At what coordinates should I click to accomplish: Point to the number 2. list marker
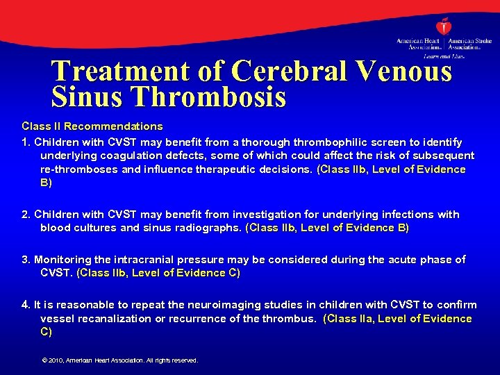26,215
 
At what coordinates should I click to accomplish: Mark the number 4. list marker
26,304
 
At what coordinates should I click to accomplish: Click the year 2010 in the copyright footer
56,360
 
